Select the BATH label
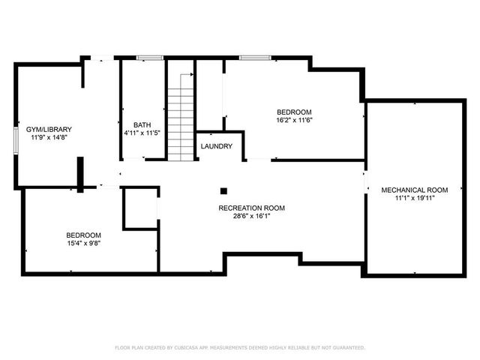point(142,125)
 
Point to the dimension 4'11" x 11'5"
point(142,133)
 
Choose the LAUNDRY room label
point(217,146)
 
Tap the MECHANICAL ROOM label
point(414,190)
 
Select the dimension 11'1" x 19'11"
point(414,198)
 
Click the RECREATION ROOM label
point(251,208)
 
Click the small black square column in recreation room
point(223,190)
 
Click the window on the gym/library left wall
point(16,140)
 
